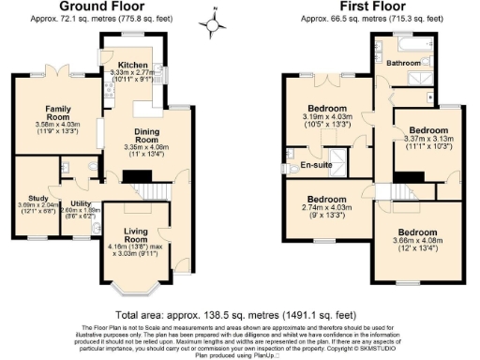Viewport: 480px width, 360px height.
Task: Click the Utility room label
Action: tap(81, 203)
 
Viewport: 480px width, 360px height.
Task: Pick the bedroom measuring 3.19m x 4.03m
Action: tap(328, 108)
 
